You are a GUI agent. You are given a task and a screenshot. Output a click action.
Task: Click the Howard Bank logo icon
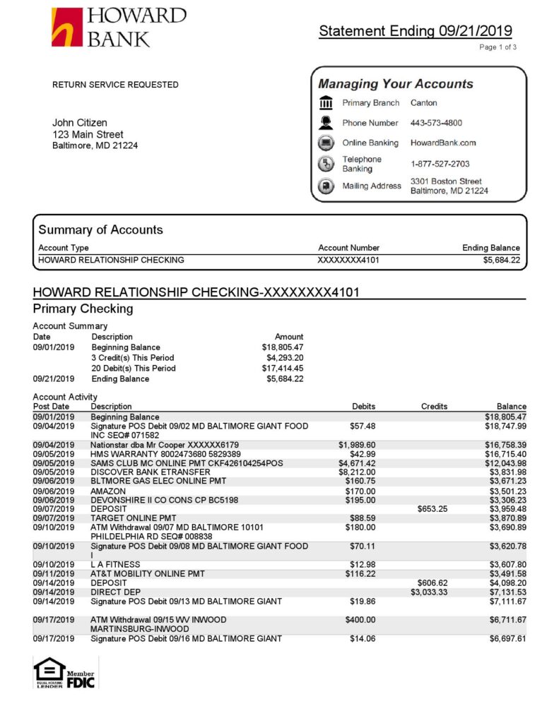click(x=67, y=27)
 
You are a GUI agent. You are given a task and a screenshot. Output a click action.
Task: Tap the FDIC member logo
click(x=81, y=679)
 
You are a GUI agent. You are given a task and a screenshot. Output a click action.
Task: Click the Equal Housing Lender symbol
click(x=49, y=672)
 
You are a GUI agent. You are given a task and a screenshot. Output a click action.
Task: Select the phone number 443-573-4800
click(x=437, y=123)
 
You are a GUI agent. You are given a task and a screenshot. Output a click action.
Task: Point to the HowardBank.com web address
click(x=443, y=143)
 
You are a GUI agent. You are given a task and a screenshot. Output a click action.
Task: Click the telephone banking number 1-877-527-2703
click(x=440, y=164)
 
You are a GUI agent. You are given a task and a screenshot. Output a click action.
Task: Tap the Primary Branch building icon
click(x=326, y=103)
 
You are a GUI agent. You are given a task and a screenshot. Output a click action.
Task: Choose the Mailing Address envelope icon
click(x=326, y=186)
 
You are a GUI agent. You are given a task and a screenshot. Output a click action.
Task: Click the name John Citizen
click(x=80, y=123)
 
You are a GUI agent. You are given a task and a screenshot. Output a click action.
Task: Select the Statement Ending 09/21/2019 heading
click(x=416, y=31)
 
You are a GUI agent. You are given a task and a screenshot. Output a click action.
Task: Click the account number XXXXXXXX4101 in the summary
click(x=348, y=260)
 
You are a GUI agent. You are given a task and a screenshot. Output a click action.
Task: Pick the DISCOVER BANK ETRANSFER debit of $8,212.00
click(x=357, y=472)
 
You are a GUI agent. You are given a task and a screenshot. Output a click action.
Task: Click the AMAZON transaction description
click(x=108, y=491)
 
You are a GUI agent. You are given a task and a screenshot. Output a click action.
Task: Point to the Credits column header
click(x=434, y=407)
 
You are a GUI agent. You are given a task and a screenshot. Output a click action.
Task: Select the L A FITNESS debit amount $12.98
click(x=363, y=564)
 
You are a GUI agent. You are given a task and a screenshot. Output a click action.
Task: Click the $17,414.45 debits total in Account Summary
click(x=282, y=369)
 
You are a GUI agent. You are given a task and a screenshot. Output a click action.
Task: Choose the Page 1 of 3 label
click(x=498, y=47)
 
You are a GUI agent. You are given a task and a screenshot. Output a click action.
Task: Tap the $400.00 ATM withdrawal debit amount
click(x=360, y=620)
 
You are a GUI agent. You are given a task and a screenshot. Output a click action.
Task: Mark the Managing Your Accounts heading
click(x=395, y=84)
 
